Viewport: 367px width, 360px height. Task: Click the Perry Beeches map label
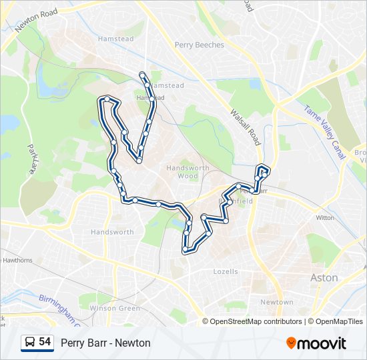200,45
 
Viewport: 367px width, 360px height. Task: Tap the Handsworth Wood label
188,172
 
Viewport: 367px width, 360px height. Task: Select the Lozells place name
226,272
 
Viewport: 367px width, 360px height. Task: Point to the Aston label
324,277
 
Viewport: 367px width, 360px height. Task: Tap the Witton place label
325,218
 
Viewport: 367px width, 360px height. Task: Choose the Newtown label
276,302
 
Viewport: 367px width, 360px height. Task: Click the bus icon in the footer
29,343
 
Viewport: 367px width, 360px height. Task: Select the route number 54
45,342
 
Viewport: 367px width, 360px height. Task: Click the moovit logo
316,343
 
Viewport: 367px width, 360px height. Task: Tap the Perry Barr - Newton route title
105,343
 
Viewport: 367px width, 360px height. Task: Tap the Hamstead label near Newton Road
115,39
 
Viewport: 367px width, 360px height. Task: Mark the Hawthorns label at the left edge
17,260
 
